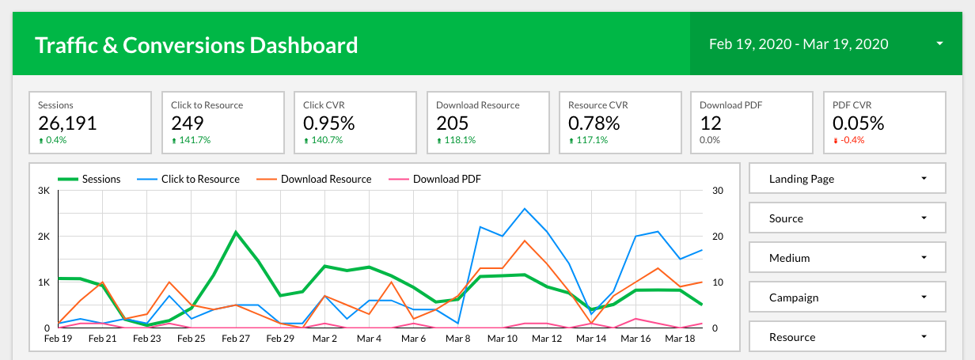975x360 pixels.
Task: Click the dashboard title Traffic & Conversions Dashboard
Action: click(x=196, y=45)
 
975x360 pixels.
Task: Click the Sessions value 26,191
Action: click(x=67, y=123)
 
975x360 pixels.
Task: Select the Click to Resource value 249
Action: click(x=188, y=123)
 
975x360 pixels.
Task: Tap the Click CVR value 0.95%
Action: click(x=329, y=123)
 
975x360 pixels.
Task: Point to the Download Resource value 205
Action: click(x=453, y=123)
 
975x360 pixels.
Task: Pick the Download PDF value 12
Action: click(x=710, y=123)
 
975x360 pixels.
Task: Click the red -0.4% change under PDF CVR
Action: click(x=850, y=140)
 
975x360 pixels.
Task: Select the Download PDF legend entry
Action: click(x=446, y=179)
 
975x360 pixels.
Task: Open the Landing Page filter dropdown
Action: click(x=847, y=179)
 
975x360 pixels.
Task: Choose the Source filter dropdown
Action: click(x=847, y=218)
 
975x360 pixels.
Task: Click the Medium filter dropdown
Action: click(x=847, y=258)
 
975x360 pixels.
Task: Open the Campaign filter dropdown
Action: click(x=847, y=297)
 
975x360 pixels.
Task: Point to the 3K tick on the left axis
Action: click(x=44, y=191)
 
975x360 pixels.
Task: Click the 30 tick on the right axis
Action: click(x=718, y=191)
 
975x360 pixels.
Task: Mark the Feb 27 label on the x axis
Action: click(x=236, y=339)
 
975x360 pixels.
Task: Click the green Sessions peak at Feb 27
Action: click(x=236, y=232)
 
